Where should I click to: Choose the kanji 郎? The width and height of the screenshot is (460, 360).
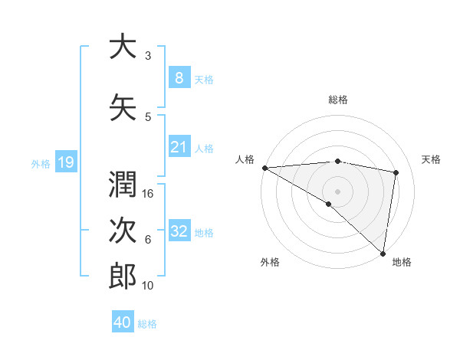[x=123, y=277]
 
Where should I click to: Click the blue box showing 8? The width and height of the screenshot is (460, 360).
[x=179, y=78]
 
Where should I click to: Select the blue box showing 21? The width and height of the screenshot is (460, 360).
[x=179, y=147]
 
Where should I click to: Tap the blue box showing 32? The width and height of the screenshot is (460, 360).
[x=179, y=231]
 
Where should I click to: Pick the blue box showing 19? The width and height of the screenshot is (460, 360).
[x=65, y=162]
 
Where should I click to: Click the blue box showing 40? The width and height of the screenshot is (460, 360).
[x=123, y=322]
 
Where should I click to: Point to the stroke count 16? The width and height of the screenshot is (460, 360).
[x=149, y=194]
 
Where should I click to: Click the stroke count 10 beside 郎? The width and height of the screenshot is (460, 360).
[x=149, y=286]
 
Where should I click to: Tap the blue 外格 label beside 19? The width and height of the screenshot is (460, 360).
[x=41, y=162]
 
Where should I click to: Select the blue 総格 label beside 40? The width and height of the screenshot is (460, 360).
[x=147, y=324]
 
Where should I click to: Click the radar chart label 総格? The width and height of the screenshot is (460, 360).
[x=337, y=100]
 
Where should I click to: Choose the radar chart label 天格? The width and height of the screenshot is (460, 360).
[x=431, y=159]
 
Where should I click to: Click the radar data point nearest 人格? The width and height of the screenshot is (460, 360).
[x=264, y=168]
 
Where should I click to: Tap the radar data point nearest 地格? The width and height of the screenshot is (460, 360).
[x=383, y=253]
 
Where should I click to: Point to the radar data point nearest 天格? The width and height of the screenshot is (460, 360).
[x=396, y=172]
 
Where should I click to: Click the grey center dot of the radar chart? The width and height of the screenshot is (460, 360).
[x=337, y=191]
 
